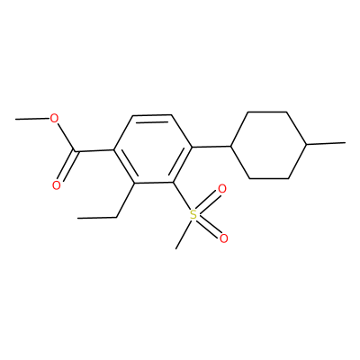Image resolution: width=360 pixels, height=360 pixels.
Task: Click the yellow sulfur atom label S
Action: [193, 215]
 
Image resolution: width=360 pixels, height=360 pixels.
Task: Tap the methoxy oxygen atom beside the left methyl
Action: [54, 119]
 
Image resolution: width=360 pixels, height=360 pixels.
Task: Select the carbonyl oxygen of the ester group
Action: [56, 185]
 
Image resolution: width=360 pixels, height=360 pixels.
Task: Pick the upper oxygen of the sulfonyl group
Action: [222, 189]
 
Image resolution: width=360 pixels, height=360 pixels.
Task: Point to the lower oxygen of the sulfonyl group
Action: [223, 238]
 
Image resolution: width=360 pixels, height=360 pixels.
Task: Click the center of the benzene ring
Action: [153, 148]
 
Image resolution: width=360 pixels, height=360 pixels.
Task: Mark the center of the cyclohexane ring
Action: [268, 146]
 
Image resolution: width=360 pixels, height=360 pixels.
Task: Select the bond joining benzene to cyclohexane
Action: [211, 147]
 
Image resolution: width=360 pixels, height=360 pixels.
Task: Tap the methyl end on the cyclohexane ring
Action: [345, 143]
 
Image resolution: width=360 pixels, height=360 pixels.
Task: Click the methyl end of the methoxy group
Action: [16, 120]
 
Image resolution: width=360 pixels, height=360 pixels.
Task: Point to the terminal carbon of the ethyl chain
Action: [77, 218]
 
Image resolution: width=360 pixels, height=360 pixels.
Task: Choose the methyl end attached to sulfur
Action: [175, 248]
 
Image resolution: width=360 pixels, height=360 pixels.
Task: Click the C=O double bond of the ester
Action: [67, 166]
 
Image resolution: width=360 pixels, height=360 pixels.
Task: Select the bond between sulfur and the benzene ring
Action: [182, 196]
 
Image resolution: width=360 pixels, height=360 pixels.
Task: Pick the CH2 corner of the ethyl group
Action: [116, 217]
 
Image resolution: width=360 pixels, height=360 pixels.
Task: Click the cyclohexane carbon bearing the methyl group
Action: [306, 144]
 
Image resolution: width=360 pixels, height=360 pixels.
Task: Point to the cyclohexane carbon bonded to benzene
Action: [231, 146]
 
